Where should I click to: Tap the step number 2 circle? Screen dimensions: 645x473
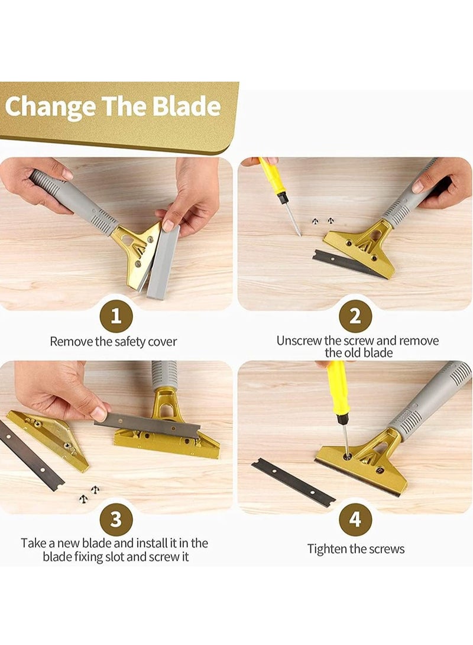[355, 316]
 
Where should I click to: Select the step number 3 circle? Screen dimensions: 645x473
[116, 519]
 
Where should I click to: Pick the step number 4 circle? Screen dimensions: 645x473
[355, 519]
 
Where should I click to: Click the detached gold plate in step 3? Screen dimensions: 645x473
[47, 437]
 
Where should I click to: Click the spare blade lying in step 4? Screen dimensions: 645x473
[293, 482]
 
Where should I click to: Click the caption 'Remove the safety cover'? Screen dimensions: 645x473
[113, 342]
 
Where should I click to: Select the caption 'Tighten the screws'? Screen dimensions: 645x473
[356, 549]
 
